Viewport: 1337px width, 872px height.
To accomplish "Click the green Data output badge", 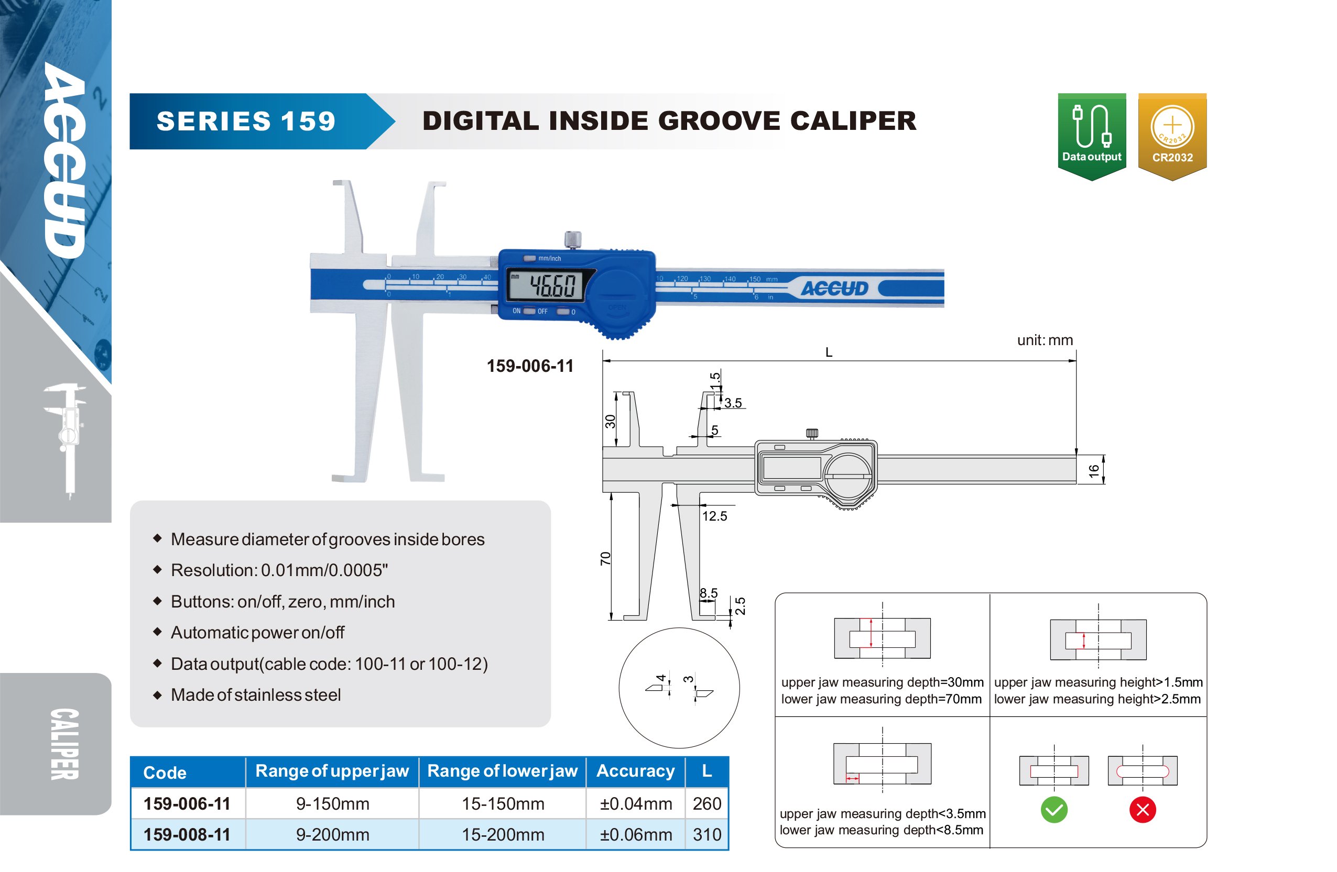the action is click(x=1092, y=137).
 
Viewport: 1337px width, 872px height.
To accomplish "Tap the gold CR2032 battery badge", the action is click(x=1172, y=137).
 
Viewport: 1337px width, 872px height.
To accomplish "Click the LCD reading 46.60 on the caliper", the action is click(x=552, y=285).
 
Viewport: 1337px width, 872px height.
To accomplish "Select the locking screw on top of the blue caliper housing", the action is click(x=572, y=240).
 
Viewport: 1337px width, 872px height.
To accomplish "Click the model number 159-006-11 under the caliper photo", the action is click(x=530, y=366).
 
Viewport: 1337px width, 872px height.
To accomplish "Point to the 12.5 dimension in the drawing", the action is click(x=714, y=516).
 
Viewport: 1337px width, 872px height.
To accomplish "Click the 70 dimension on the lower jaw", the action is click(x=605, y=558).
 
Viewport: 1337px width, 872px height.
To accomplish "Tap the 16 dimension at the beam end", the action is click(x=1094, y=470).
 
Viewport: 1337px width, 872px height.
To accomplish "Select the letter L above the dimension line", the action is click(x=829, y=352).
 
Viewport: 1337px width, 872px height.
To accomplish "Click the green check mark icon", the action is click(x=1054, y=810).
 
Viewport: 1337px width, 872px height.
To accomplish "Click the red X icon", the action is click(x=1143, y=810).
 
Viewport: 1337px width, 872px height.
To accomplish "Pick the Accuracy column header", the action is click(x=635, y=771).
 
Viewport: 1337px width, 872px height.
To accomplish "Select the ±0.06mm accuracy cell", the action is click(x=636, y=834).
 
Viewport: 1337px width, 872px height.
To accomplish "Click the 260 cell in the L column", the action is click(x=706, y=803).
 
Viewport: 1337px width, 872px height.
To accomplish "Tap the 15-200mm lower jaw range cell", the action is click(x=503, y=834).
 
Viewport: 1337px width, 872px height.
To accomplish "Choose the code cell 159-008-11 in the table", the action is click(x=187, y=834).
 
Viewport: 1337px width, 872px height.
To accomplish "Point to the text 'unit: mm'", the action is click(x=1045, y=340).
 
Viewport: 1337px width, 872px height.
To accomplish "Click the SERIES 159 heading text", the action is click(x=246, y=122).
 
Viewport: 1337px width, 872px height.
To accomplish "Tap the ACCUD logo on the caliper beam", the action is click(x=834, y=289).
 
